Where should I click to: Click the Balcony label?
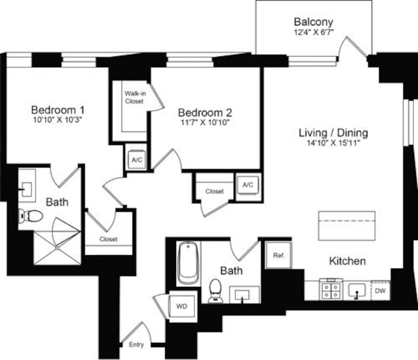point(313,22)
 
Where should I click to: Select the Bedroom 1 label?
point(58,110)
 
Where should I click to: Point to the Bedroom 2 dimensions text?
point(204,123)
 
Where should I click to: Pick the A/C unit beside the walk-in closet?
point(137,160)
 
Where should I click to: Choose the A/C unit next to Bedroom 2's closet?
point(248,185)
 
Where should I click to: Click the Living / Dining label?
point(333,133)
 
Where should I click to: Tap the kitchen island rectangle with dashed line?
point(347,225)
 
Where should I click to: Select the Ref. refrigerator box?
point(279,255)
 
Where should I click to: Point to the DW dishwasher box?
point(380,290)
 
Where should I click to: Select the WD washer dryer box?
point(181,306)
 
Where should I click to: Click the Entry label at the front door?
point(136,345)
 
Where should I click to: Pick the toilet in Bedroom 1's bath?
point(31,216)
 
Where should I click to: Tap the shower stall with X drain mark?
point(57,247)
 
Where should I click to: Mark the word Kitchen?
point(347,261)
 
